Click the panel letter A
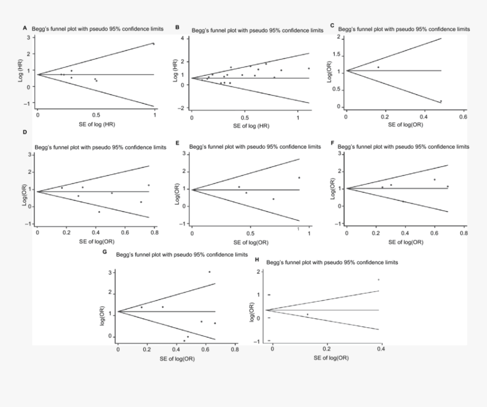pos(24,28)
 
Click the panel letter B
pos(177,27)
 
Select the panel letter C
pos(332,25)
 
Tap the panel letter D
pos(24,132)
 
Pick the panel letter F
pos(332,143)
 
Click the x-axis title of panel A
pos(95,123)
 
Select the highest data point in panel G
pos(209,272)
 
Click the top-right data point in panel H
pos(378,279)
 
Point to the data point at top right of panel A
pos(153,44)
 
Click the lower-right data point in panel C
pos(441,101)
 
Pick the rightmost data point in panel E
pos(299,178)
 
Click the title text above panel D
pos(100,147)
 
